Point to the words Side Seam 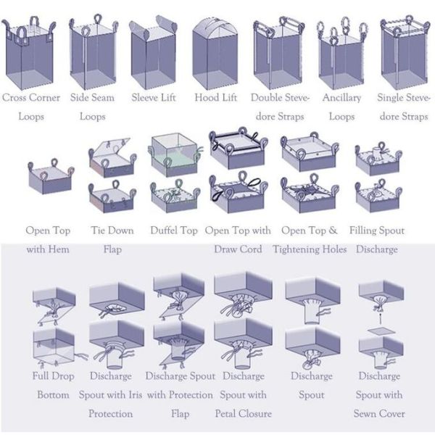(92, 97)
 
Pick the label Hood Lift (216, 97)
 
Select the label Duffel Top (174, 231)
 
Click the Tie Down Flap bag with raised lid (112, 157)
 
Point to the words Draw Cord (238, 249)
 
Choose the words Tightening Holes (310, 249)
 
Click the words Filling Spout (377, 231)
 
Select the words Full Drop (53, 376)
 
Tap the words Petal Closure (244, 414)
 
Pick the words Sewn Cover (379, 414)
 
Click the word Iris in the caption (136, 395)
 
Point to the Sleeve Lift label (154, 97)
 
